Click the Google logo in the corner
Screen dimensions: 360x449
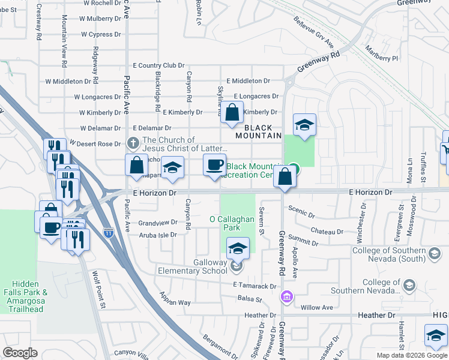coord(20,353)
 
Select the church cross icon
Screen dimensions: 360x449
coord(134,143)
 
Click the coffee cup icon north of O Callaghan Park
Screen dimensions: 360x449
coord(214,165)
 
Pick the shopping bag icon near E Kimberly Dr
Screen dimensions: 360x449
coord(232,112)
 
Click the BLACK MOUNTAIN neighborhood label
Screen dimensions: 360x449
coord(262,132)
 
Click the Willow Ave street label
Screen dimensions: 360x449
coord(316,307)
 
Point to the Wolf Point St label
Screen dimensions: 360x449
coord(98,290)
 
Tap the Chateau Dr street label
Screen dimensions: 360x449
coord(327,231)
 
